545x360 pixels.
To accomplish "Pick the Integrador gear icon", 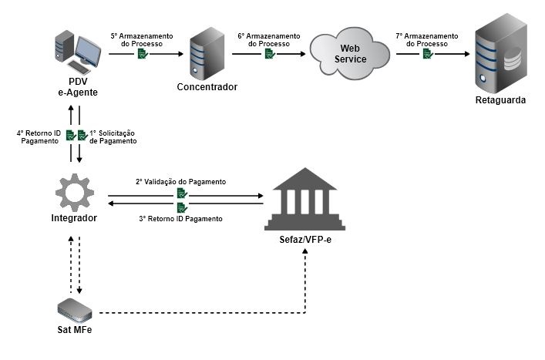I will [76, 190].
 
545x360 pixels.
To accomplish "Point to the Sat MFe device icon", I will [75, 310].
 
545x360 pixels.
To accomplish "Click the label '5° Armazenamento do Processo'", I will [141, 39].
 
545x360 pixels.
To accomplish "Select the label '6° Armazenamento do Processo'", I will [268, 39].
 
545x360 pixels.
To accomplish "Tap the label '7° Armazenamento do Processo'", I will [426, 39].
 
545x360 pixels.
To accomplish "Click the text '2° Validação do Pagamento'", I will [181, 182].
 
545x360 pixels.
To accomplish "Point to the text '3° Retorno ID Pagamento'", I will [181, 219].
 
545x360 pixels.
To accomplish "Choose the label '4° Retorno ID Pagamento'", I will [38, 136].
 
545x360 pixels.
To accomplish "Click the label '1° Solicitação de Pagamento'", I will [113, 136].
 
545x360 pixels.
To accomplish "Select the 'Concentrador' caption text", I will [207, 87].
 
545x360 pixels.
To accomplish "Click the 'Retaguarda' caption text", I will [500, 101].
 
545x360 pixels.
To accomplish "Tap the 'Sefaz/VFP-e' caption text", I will [305, 240].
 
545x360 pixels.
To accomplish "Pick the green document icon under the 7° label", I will [426, 56].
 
